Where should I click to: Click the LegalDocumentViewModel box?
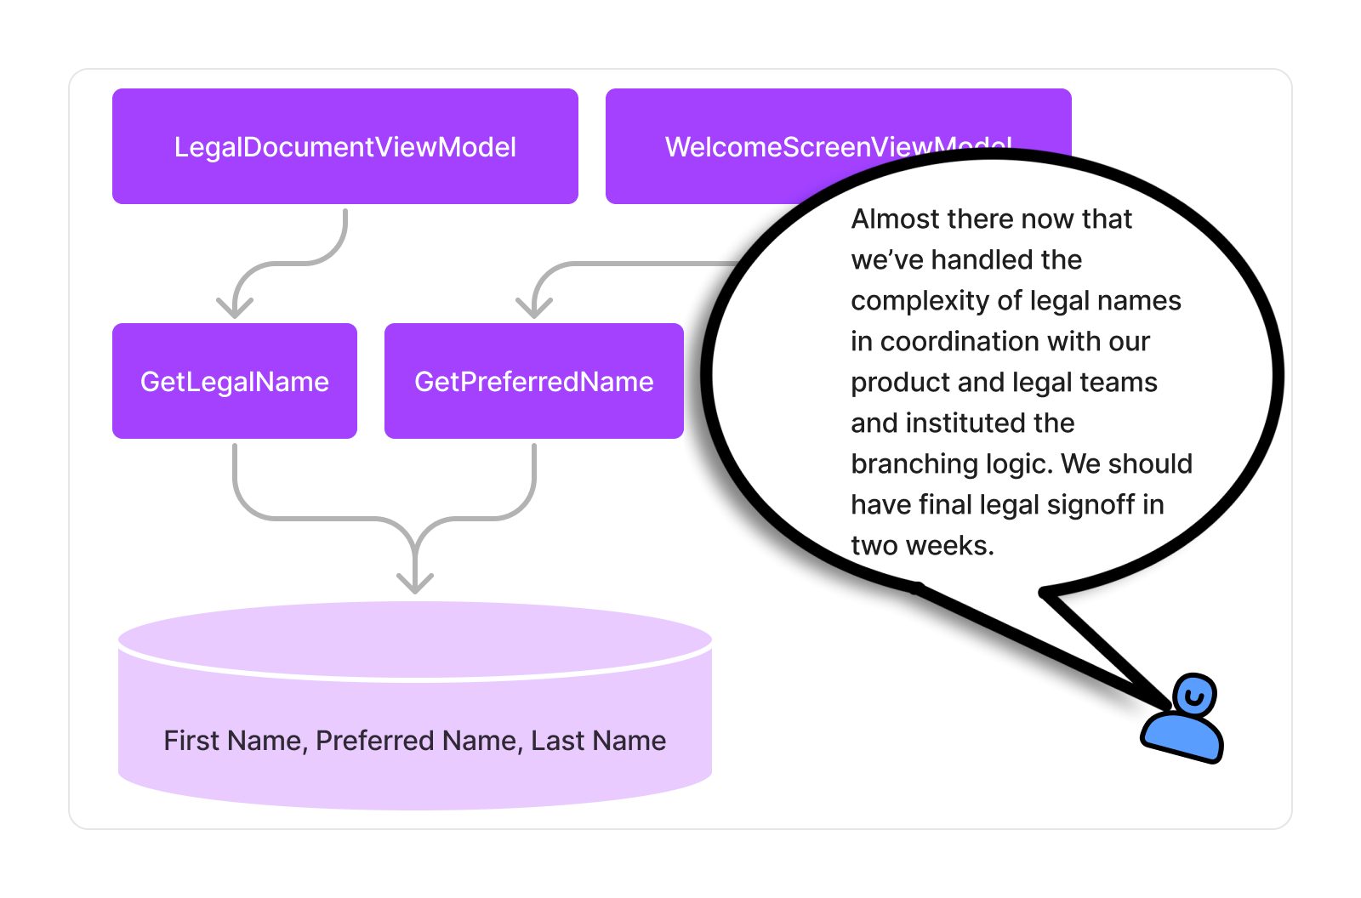[x=345, y=146]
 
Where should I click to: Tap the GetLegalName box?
[x=234, y=381]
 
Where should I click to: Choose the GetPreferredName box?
[x=533, y=381]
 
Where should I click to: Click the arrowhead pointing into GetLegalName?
[x=235, y=306]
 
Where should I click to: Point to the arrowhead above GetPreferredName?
[x=534, y=306]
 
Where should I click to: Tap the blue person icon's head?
[x=1194, y=696]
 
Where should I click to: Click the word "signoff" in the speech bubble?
[x=1091, y=505]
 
